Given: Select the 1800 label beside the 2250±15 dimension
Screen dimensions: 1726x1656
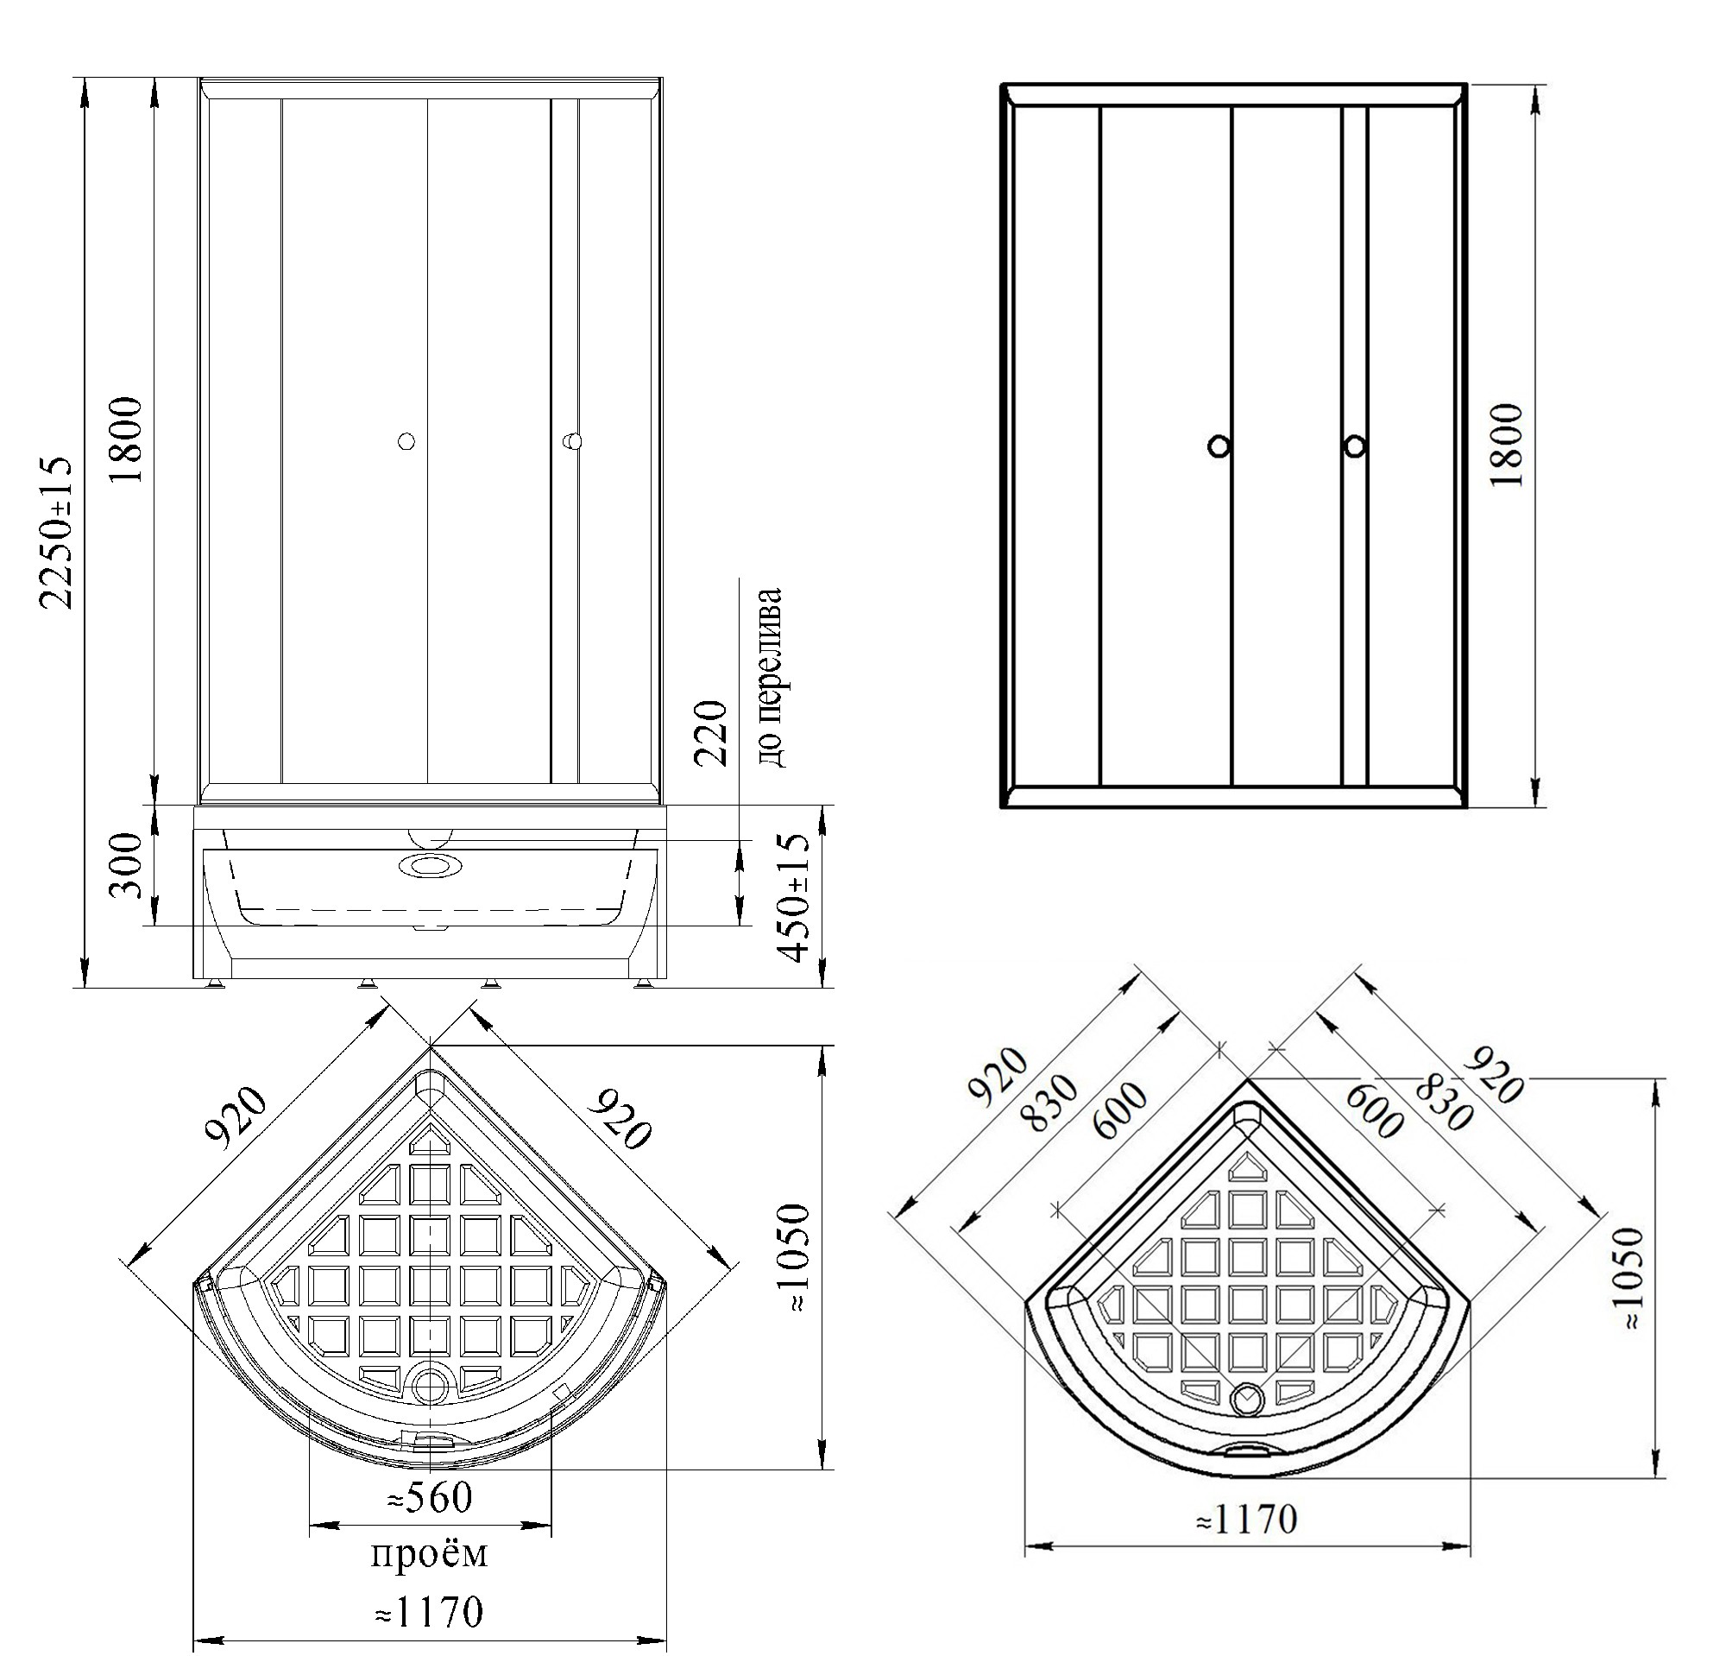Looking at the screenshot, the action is pos(128,439).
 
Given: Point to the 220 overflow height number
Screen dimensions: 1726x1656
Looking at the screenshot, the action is pos(710,734).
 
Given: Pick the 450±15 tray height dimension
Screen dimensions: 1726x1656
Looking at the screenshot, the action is pos(796,898).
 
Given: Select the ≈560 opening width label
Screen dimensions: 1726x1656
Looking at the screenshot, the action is pos(430,1496).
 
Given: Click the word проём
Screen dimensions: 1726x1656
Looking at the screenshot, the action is pos(428,1554).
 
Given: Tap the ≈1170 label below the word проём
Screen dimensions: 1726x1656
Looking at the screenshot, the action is pos(429,1612).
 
